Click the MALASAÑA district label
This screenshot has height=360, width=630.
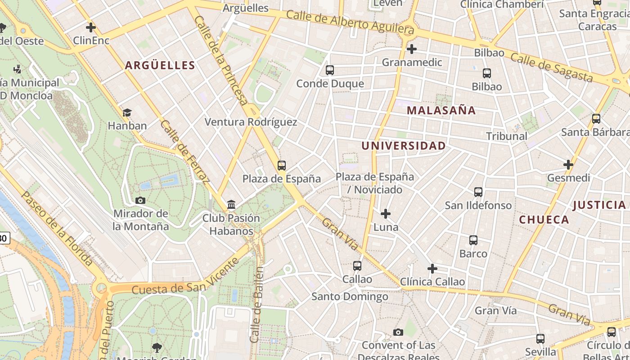(x=441, y=110)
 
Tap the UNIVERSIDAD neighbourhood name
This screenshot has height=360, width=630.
(x=404, y=146)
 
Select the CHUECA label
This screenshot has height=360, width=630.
(x=544, y=220)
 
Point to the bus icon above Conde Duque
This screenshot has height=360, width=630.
(x=330, y=70)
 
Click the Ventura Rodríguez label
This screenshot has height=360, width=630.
(x=251, y=122)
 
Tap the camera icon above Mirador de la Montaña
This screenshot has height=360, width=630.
(x=140, y=200)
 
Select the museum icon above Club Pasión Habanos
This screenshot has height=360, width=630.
(x=231, y=205)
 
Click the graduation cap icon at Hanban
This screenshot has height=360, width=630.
(x=127, y=112)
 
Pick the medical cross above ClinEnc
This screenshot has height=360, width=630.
(x=91, y=27)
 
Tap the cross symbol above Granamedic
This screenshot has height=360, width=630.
(x=411, y=49)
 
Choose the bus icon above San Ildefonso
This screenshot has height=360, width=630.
(x=478, y=192)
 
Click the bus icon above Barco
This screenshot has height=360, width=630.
(x=473, y=240)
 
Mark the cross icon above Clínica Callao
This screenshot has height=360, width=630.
(x=432, y=269)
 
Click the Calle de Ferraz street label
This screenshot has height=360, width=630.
(x=185, y=152)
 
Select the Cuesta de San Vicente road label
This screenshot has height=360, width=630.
(x=185, y=276)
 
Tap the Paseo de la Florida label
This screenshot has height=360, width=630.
(x=57, y=228)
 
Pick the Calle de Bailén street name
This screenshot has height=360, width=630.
(x=256, y=305)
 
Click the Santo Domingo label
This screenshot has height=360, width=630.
(x=350, y=297)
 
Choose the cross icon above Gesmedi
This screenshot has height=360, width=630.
(x=568, y=165)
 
